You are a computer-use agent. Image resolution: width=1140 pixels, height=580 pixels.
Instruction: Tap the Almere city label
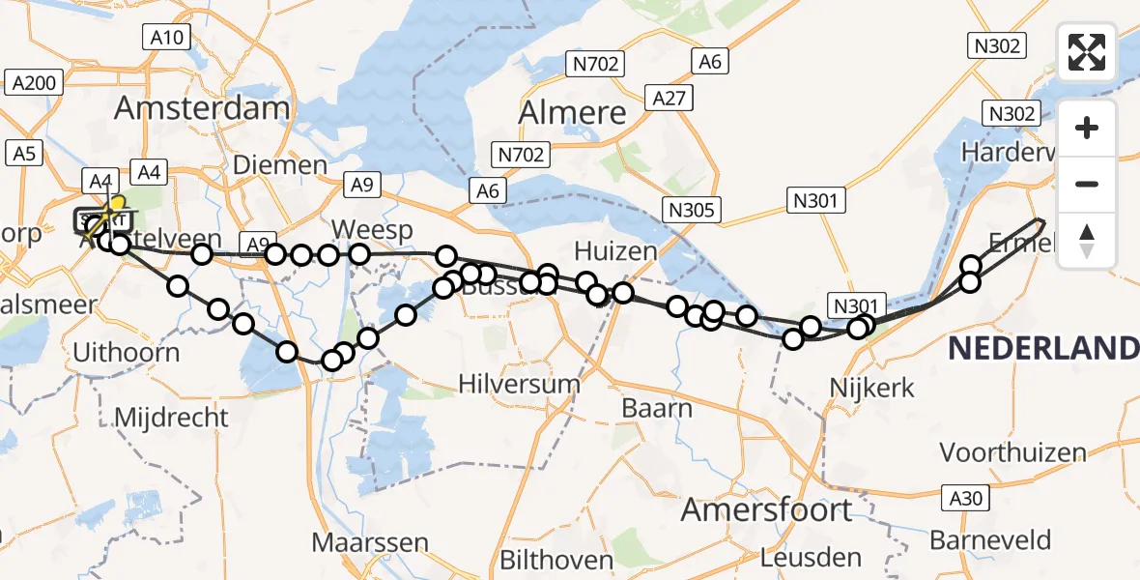click(572, 113)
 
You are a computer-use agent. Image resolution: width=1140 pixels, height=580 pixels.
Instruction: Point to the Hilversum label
click(519, 384)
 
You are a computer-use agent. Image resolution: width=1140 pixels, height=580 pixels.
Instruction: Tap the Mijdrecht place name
click(171, 418)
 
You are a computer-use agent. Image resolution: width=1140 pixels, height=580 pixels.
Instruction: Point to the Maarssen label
click(370, 541)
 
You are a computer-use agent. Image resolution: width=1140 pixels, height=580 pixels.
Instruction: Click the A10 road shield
click(167, 39)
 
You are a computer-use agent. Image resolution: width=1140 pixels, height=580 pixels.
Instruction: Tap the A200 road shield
click(34, 83)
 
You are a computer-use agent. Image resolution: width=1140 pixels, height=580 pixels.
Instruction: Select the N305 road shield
click(689, 209)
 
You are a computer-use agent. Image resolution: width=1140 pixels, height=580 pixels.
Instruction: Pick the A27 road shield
click(669, 99)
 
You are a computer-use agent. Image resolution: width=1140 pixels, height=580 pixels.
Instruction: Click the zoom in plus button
click(1087, 129)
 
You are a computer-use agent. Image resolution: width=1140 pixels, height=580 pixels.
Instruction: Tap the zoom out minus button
click(1087, 184)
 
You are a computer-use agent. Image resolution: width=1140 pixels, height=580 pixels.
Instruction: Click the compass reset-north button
click(1087, 241)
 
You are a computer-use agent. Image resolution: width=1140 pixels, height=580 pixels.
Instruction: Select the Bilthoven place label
click(556, 560)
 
